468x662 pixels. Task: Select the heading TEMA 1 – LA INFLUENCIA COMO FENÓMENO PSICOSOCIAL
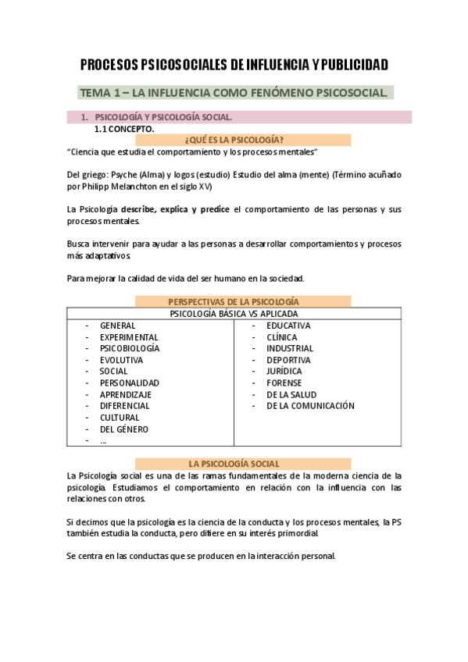point(234,93)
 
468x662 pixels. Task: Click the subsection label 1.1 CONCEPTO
point(124,128)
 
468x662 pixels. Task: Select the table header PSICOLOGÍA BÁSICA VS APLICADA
point(234,313)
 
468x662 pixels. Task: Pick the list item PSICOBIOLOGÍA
point(130,348)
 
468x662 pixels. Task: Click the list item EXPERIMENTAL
point(129,337)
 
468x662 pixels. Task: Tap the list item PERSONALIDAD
point(130,383)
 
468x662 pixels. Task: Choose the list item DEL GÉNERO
point(123,429)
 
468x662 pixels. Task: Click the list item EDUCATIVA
point(288,326)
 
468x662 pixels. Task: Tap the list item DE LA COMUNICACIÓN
point(310,406)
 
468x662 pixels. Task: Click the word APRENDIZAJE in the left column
point(126,395)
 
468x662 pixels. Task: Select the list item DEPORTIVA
point(288,360)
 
